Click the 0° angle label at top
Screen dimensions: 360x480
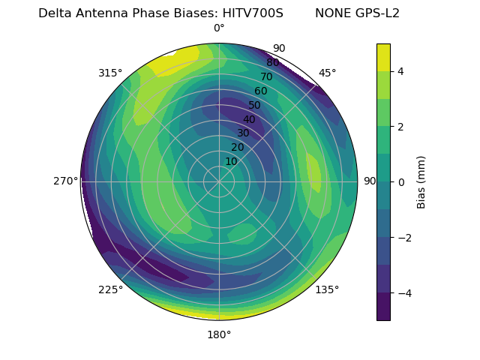219,28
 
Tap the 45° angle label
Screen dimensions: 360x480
327,73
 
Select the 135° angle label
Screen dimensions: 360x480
327,290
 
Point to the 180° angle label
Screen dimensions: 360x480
219,334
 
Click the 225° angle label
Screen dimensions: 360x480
110,290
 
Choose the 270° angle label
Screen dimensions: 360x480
65,181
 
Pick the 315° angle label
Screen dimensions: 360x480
110,73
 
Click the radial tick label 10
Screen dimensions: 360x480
231,161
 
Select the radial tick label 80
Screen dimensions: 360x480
272,63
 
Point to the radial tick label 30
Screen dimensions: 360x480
243,133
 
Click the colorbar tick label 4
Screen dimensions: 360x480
400,71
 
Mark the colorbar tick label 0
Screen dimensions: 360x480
400,182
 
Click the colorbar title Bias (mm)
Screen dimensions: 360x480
421,182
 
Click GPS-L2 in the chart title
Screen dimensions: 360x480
378,13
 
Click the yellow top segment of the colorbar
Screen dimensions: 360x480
383,57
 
